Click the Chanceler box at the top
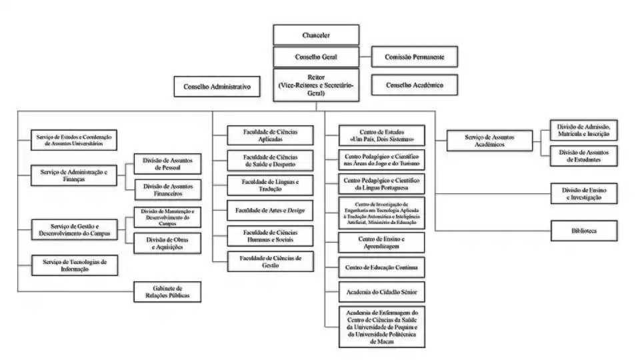[x=315, y=35]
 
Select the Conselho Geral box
[x=315, y=57]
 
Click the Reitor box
[x=315, y=85]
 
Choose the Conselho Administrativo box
[x=217, y=86]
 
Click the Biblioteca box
[x=583, y=231]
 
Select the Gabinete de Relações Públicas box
[x=167, y=292]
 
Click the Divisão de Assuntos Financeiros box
[x=167, y=191]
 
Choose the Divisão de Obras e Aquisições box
[x=167, y=243]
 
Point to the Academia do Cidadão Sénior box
[x=381, y=292]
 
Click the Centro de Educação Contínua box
[x=381, y=267]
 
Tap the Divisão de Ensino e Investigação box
[x=583, y=194]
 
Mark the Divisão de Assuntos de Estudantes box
[x=583, y=156]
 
